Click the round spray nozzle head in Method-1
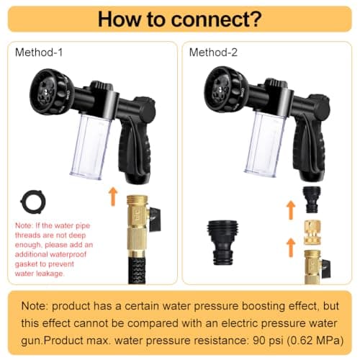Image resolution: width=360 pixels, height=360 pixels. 49,91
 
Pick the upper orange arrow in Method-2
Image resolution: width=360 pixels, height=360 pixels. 291,210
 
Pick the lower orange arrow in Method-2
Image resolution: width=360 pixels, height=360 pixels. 291,246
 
